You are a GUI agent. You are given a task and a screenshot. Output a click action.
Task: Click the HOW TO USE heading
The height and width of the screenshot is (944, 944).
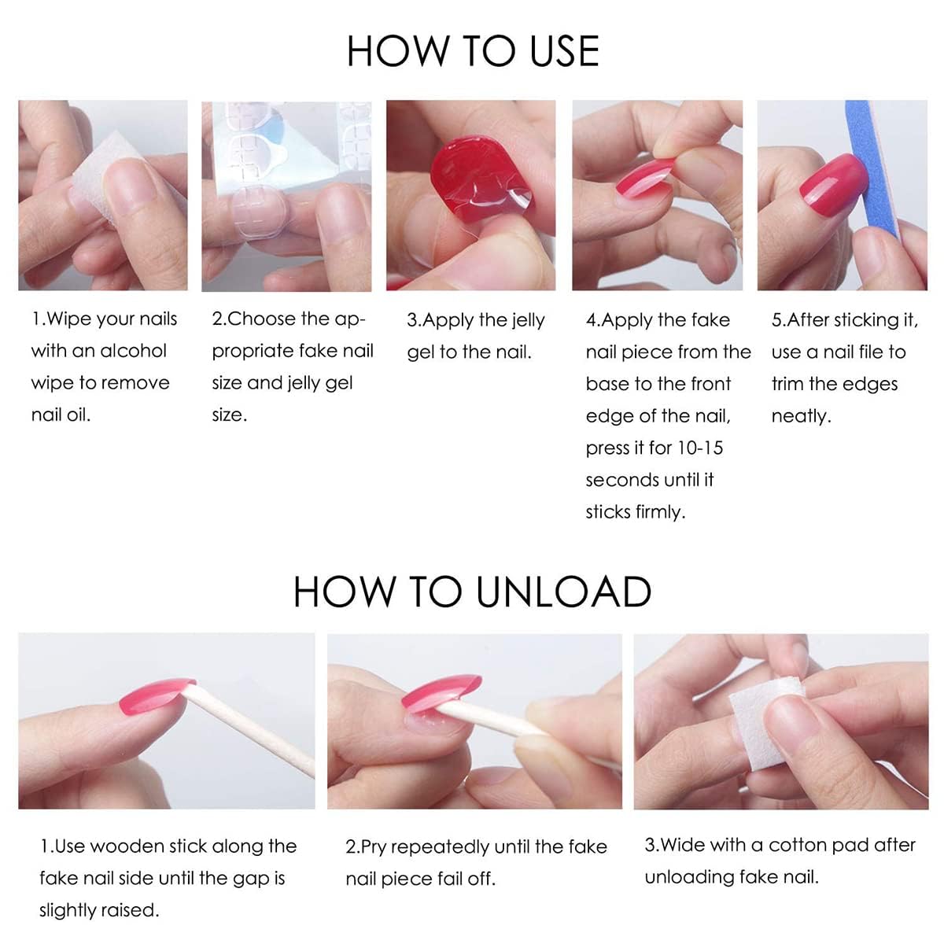(473, 51)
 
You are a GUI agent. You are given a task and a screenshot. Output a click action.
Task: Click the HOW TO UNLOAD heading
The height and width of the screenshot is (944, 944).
(472, 592)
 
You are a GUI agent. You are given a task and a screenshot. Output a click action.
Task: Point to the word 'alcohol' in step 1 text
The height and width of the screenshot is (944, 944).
(132, 351)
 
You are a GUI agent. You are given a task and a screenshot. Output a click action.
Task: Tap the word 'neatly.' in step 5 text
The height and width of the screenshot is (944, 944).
(801, 416)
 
